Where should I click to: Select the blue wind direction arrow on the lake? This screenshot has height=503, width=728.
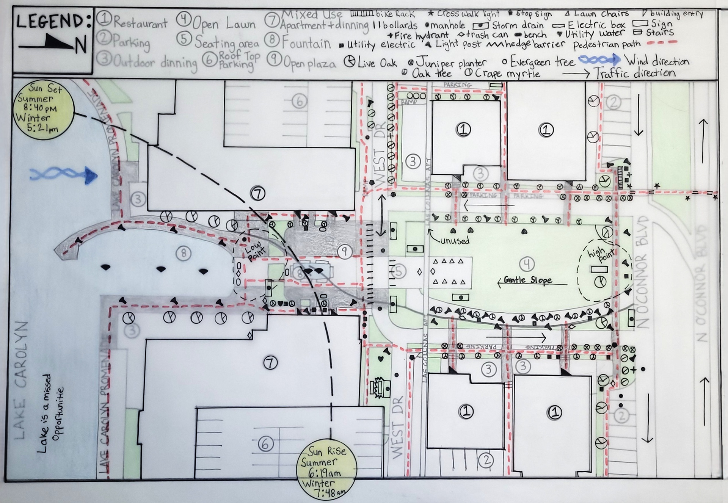[x=63, y=175]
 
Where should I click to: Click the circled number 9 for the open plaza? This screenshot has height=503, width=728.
[x=345, y=251]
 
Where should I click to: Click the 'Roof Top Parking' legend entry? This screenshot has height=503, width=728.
[x=239, y=61]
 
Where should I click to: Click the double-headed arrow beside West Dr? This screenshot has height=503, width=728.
[x=381, y=215]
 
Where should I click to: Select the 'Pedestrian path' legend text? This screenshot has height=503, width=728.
[x=607, y=45]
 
